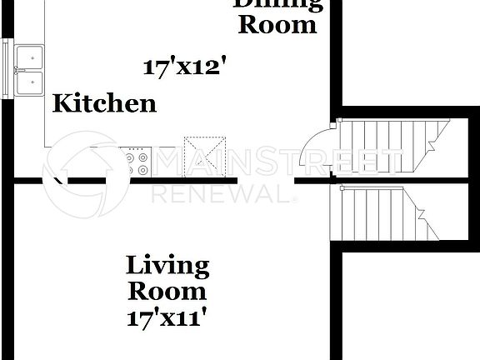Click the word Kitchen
104,103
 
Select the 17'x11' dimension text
167,317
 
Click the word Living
167,267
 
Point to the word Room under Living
167,292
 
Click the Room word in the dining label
277,24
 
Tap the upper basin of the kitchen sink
30,57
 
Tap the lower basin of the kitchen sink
30,82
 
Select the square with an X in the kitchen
204,155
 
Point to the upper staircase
392,147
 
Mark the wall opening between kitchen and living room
267,181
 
